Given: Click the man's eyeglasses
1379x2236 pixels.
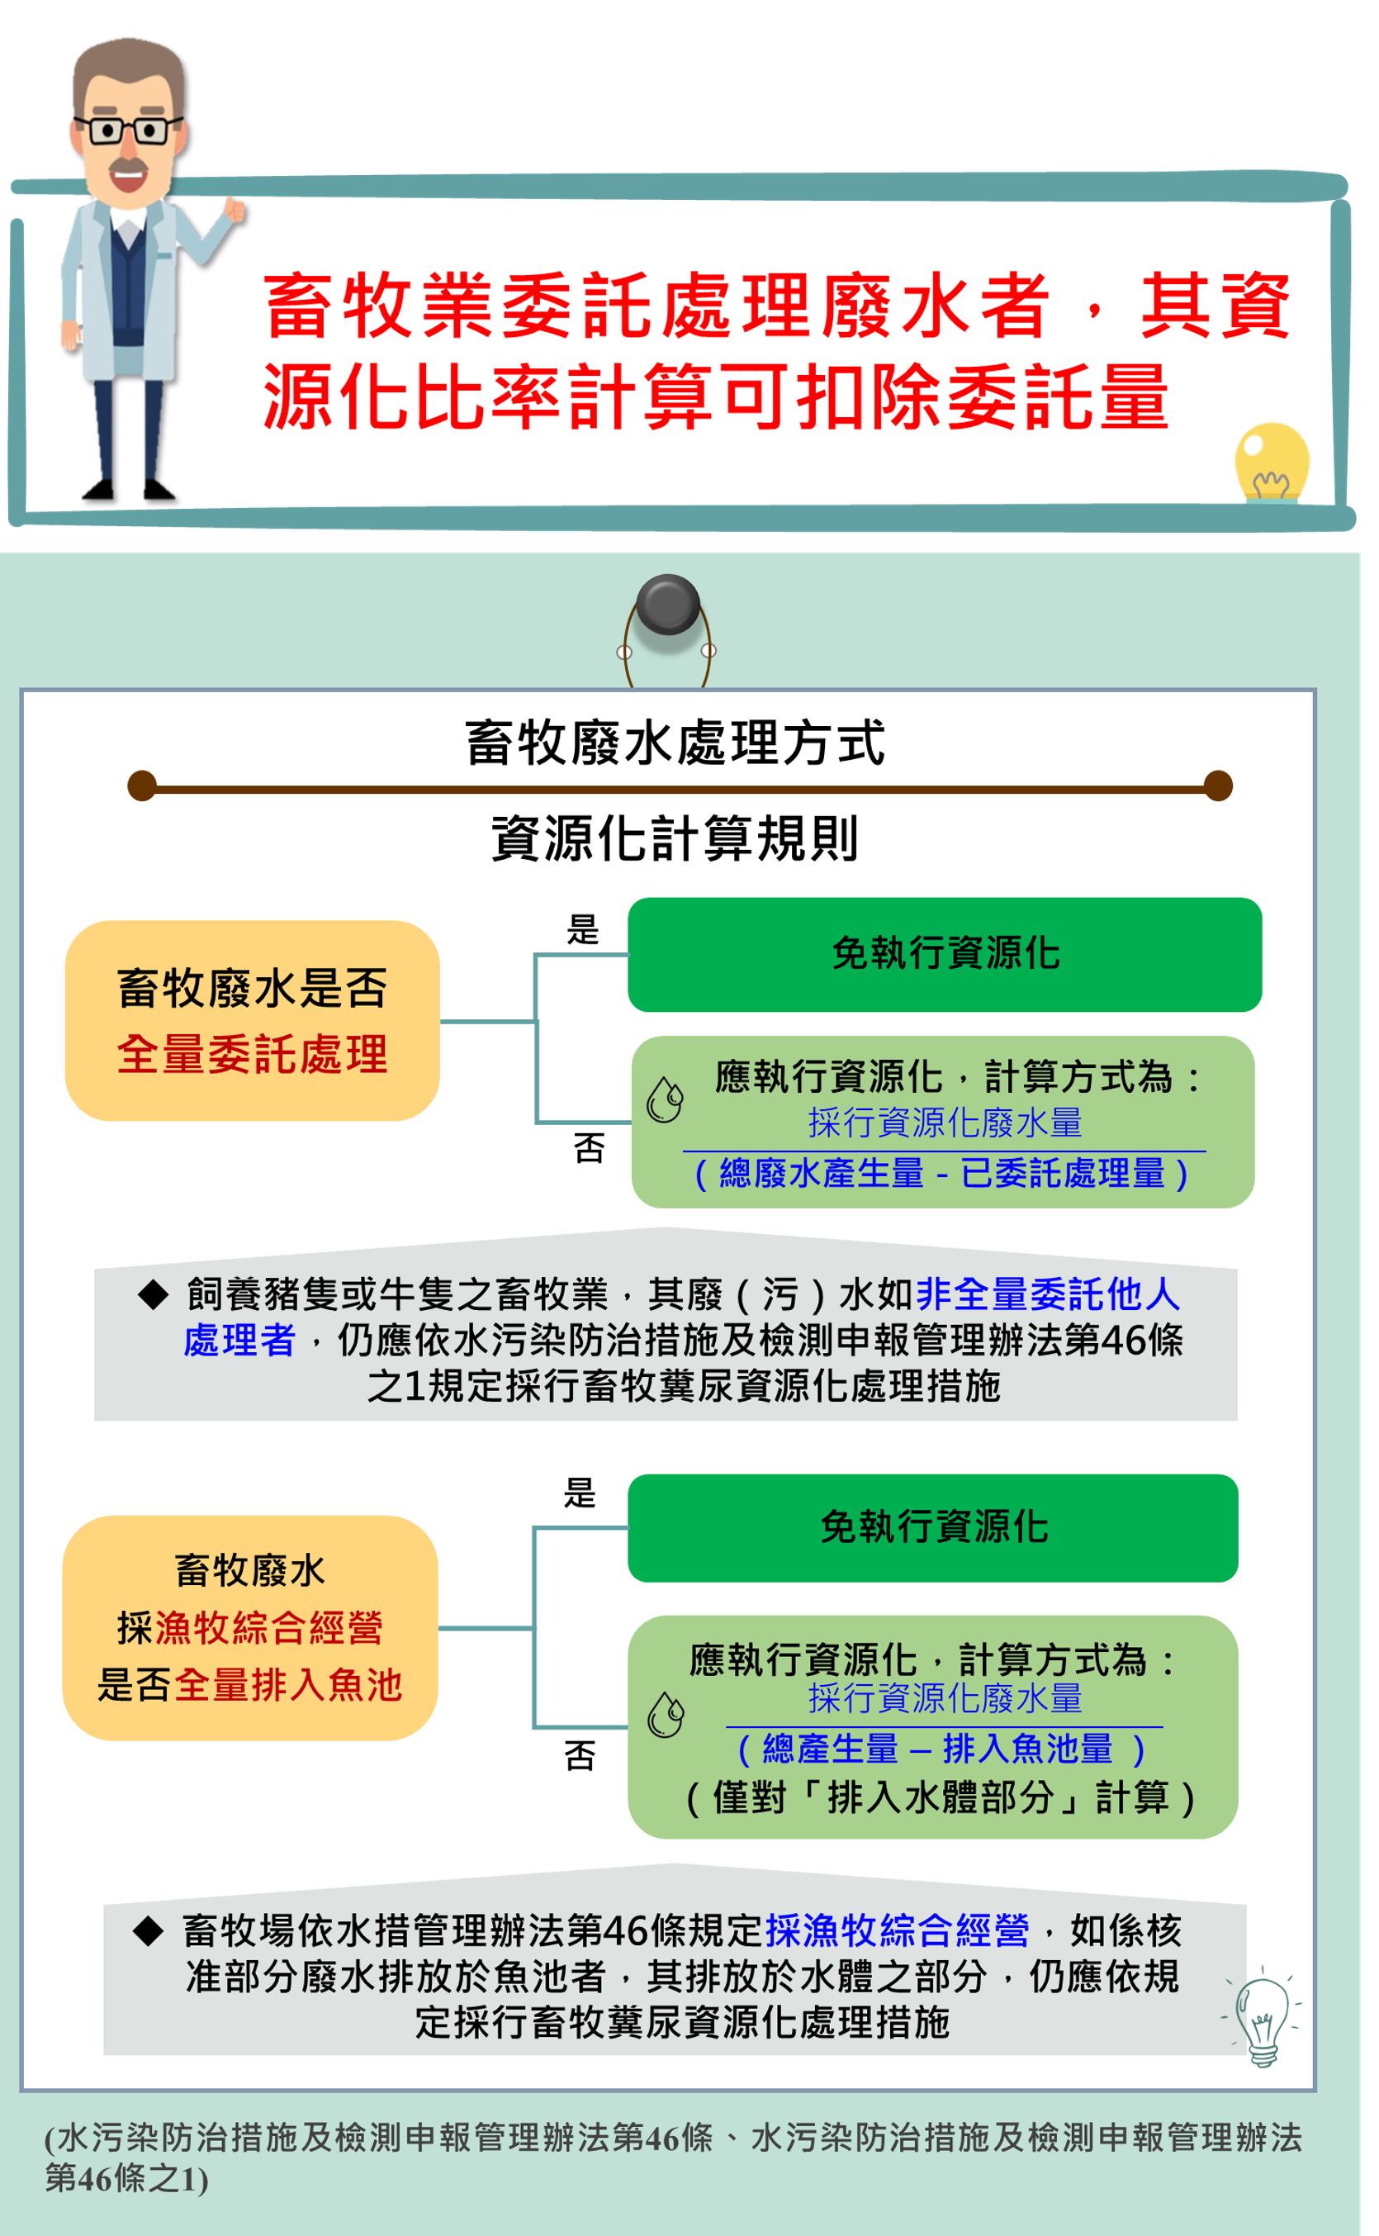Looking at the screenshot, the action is coord(130,130).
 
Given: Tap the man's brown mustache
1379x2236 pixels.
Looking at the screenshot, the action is coord(129,167).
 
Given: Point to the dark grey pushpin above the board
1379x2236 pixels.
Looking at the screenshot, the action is coord(667,604).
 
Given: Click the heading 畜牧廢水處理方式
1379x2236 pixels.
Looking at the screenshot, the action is coord(675,743).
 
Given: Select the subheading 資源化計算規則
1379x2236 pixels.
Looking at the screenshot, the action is coord(675,838).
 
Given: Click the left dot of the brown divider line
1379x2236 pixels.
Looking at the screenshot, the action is coord(142,786).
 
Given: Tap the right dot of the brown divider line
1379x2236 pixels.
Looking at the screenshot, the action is coord(1218,786).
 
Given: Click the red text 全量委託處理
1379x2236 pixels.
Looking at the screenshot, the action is coord(253,1055).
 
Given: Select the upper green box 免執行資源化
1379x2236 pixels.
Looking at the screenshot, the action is coord(945,954).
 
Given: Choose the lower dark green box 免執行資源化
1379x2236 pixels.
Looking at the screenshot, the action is coord(933,1527).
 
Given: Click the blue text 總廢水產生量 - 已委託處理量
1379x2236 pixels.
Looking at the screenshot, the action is coord(942,1173).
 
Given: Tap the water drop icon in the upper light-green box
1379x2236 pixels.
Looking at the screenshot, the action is coord(665,1099).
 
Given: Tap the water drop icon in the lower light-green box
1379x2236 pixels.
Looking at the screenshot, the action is coord(666,1715).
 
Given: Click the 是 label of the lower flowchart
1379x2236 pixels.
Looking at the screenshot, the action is coord(580,1493).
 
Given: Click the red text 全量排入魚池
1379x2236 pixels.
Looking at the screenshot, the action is coord(288,1685).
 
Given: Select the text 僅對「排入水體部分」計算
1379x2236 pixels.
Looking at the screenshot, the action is coord(941,1797).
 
